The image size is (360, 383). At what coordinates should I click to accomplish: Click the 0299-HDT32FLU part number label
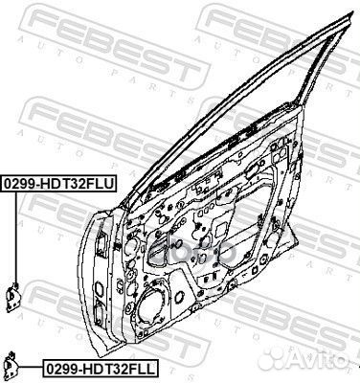[57, 180]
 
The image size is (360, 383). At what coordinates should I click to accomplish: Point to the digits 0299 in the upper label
[22, 180]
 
